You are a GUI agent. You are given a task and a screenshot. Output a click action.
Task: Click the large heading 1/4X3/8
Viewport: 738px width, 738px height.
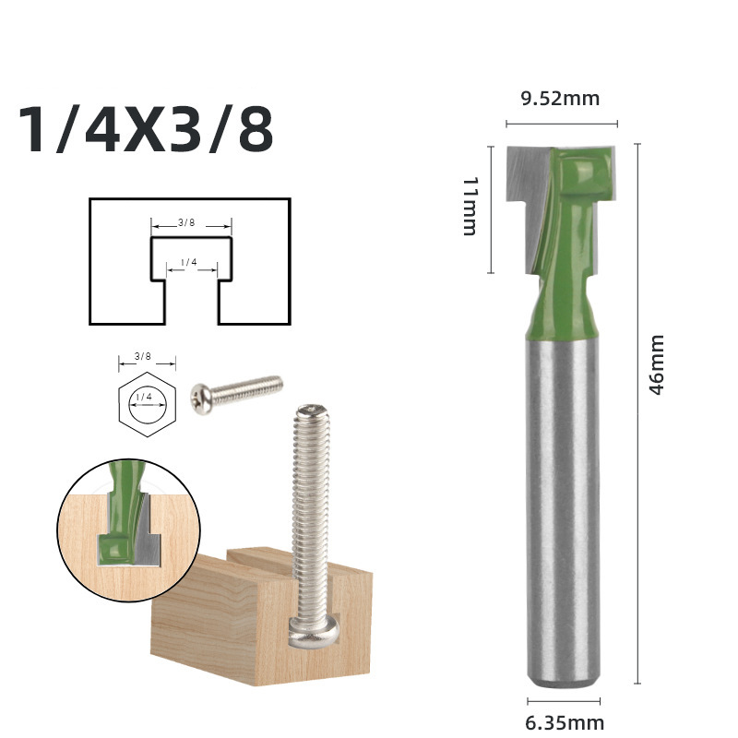coord(146,130)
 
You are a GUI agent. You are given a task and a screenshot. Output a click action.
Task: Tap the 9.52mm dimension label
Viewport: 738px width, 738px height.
coord(560,99)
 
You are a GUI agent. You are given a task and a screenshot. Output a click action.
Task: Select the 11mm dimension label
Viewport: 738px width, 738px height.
coord(469,206)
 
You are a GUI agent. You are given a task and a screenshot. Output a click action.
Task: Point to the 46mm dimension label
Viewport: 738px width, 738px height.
coord(657,365)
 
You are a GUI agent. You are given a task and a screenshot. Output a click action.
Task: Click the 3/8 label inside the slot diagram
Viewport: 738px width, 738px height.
coord(187,222)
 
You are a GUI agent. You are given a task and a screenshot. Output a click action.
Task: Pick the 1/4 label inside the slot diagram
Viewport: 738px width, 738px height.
coord(189,263)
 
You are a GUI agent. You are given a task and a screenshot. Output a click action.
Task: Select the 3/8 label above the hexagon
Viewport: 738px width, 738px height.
coord(143,356)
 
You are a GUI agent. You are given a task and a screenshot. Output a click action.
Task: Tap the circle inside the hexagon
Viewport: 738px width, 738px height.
coord(146,404)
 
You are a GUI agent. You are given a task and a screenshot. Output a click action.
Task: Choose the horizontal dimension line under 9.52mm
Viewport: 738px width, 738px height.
coord(561,124)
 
